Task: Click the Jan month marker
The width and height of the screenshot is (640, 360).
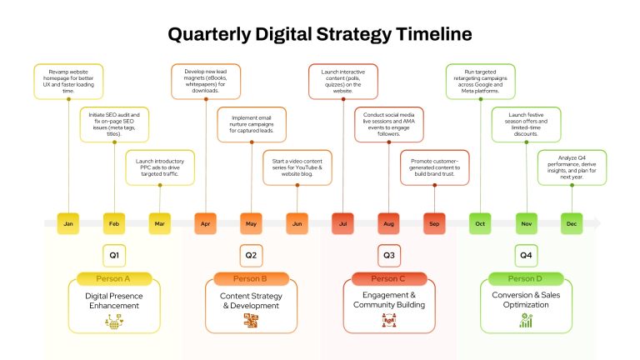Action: pos(68,223)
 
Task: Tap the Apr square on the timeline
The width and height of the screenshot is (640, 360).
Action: pos(205,223)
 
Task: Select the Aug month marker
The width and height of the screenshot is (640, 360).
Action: pos(388,223)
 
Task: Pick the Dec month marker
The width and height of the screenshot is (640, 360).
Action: pos(572,223)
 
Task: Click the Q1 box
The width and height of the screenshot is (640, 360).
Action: pos(114,256)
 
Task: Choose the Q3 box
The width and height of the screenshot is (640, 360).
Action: pos(389,256)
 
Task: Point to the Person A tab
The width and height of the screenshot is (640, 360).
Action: pos(114,279)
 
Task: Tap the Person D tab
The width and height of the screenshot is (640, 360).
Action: pos(526,279)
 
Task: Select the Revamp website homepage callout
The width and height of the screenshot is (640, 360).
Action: pos(68,81)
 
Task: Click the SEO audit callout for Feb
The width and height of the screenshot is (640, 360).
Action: pos(114,124)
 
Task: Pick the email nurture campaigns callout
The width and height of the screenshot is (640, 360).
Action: pos(252,124)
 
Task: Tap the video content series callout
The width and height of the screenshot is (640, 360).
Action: pos(297,167)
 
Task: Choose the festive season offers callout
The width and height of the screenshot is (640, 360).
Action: pos(526,124)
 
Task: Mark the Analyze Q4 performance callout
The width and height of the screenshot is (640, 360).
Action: pos(572,167)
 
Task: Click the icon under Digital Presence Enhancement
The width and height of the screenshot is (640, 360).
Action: pos(114,321)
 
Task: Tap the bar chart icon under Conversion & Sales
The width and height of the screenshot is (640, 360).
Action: pos(526,320)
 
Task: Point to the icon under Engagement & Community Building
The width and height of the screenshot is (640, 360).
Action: pos(389,320)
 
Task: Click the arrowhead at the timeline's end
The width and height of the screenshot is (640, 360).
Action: pos(597,223)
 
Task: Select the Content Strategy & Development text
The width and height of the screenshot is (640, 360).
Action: pos(251,301)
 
